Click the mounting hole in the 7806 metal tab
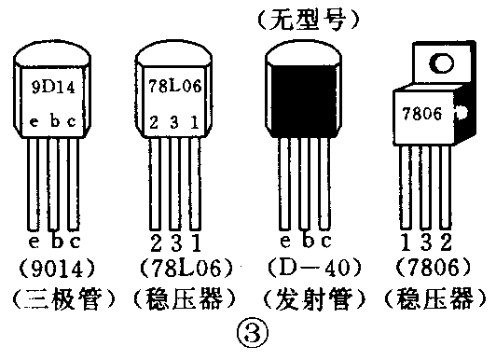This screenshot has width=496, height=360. tap(435, 64)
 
